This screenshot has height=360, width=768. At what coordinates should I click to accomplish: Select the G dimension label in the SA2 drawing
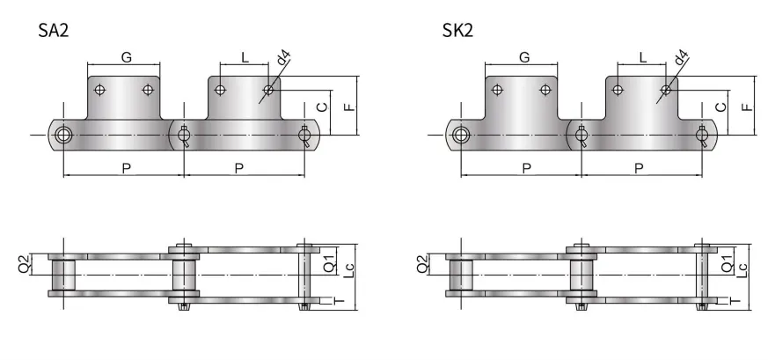click(x=126, y=58)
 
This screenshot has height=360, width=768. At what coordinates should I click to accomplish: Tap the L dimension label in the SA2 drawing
click(x=245, y=58)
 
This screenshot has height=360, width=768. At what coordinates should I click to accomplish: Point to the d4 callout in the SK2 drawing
click(x=680, y=62)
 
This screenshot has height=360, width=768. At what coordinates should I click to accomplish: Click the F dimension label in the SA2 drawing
click(x=349, y=107)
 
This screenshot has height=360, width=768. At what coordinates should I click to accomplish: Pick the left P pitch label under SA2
click(x=126, y=167)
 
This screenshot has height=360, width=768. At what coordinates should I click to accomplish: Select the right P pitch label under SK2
click(x=640, y=167)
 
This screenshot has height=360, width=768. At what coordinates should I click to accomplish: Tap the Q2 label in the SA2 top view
click(x=25, y=263)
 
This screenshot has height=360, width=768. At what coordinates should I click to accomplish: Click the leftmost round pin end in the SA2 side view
click(x=63, y=135)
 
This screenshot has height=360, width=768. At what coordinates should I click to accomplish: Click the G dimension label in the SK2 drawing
click(x=525, y=58)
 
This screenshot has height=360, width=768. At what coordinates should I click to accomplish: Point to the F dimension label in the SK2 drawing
click(x=747, y=107)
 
